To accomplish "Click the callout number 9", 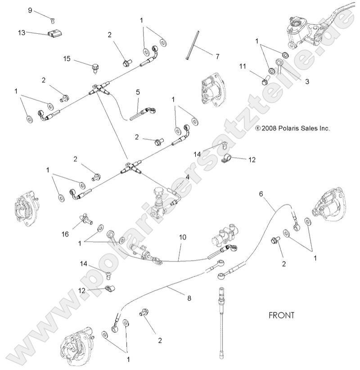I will (30, 10).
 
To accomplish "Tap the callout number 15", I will (67, 59).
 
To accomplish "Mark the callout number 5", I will (138, 92).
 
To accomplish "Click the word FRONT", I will (281, 315).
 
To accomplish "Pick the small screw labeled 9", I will (52, 19).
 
